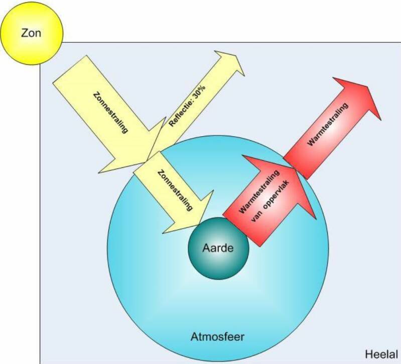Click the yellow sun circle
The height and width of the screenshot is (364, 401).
click(32, 32)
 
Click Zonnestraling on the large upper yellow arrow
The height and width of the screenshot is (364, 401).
click(110, 111)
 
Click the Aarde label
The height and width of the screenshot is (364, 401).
click(218, 247)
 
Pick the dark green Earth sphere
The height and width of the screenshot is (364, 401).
click(218, 259)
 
